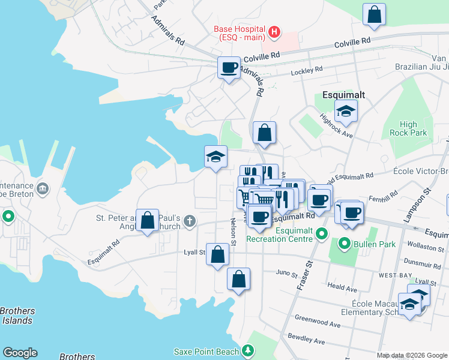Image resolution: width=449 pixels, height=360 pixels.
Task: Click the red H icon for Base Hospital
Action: [x=274, y=32]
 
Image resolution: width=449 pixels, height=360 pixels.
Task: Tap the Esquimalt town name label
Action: [x=340, y=95]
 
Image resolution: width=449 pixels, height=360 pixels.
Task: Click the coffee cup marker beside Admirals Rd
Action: [x=228, y=68]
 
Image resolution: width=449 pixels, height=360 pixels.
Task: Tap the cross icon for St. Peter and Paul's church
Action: [x=190, y=221]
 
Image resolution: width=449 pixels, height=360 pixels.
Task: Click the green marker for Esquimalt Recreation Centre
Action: [x=322, y=233]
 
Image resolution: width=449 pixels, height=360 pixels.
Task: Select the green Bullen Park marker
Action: [x=345, y=244]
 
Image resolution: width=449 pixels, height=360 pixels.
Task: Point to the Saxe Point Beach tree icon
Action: [x=247, y=350]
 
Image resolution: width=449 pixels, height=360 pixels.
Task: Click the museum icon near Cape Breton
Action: [x=43, y=190]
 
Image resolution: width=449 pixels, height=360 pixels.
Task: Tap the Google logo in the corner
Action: [x=20, y=353]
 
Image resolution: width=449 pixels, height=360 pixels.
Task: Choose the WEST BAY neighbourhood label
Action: [x=394, y=275]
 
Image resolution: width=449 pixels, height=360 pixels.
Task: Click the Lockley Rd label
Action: [x=307, y=69]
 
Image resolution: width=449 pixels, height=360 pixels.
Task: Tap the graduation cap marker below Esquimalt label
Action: [x=346, y=110]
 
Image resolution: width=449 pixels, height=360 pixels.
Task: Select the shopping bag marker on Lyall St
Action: [x=217, y=254]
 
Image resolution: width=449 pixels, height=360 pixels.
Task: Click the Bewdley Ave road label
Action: [x=306, y=340]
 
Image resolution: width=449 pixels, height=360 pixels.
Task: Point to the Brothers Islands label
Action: [x=17, y=316]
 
